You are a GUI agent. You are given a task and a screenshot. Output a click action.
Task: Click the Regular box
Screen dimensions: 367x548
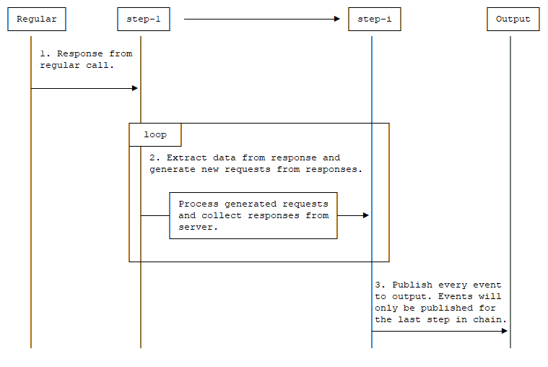pyautogui.click(x=37, y=20)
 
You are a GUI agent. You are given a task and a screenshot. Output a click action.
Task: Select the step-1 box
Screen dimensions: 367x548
pyautogui.click(x=144, y=20)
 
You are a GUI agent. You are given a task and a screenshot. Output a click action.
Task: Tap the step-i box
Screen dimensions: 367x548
pyautogui.click(x=374, y=20)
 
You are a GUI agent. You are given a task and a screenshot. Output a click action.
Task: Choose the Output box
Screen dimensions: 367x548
pyautogui.click(x=513, y=20)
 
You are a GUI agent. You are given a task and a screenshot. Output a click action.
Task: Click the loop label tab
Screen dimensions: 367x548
pyautogui.click(x=155, y=135)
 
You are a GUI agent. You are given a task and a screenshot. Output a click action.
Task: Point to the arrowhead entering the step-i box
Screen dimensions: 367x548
pyautogui.click(x=336, y=20)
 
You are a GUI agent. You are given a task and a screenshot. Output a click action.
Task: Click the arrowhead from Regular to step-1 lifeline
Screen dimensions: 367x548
pyautogui.click(x=134, y=88)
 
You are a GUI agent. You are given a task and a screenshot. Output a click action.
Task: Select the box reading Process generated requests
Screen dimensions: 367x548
pyautogui.click(x=253, y=215)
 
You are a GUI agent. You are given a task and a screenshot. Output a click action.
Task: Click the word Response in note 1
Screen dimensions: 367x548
pyautogui.click(x=80, y=53)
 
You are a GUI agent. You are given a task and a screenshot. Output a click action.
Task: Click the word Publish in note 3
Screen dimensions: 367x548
pyautogui.click(x=412, y=285)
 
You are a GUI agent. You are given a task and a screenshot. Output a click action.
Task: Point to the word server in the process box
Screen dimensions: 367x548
pyautogui.click(x=199, y=227)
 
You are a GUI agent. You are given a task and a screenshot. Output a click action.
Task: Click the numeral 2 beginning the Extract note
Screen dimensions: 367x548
pyautogui.click(x=152, y=157)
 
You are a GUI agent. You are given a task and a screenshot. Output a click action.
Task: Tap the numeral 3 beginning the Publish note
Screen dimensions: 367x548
pyautogui.click(x=378, y=285)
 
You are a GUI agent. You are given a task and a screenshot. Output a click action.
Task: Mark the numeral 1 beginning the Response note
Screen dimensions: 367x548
pyautogui.click(x=43, y=53)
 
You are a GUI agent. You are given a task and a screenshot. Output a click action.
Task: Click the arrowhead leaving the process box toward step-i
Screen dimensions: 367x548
pyautogui.click(x=365, y=215)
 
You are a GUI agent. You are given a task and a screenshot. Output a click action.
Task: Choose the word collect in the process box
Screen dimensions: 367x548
pyautogui.click(x=222, y=215)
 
